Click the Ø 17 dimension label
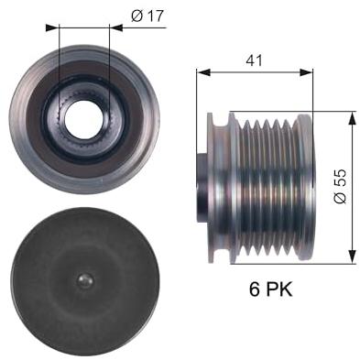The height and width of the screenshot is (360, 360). [x=147, y=16]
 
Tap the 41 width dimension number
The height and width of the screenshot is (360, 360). [x=254, y=60]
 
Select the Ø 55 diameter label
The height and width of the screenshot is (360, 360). [x=340, y=186]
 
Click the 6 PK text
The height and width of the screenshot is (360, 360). [x=270, y=289]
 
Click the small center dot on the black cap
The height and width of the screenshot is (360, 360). [x=85, y=279]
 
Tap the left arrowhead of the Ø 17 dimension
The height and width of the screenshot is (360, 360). [x=51, y=27]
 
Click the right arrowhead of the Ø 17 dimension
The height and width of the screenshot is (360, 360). [x=115, y=27]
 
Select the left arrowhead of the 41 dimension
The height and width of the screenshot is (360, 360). [x=203, y=72]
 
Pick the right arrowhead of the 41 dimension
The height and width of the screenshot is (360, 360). [x=307, y=72]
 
